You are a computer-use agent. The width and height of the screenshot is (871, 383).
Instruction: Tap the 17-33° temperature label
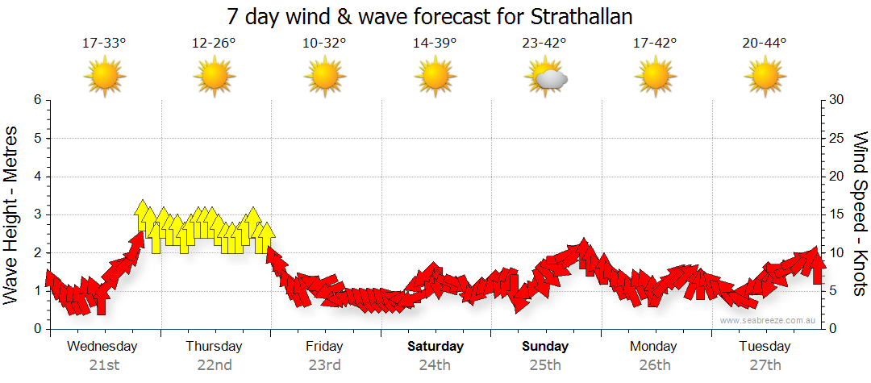[104, 43]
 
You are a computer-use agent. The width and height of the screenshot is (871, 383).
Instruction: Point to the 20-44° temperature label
[765, 43]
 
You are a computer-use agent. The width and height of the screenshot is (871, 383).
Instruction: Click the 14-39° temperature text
[434, 43]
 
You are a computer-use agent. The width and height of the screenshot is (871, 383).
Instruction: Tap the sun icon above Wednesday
[105, 77]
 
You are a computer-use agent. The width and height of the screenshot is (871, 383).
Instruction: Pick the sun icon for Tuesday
[765, 77]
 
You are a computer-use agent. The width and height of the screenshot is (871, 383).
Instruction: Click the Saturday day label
[435, 347]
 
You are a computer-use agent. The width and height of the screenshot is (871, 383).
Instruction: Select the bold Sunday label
[545, 347]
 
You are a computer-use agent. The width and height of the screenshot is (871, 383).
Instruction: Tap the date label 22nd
[214, 365]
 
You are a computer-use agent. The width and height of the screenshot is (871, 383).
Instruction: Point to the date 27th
[765, 365]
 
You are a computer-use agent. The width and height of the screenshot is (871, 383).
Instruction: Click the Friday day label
[324, 347]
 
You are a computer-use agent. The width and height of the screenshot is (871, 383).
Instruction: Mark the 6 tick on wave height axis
[36, 100]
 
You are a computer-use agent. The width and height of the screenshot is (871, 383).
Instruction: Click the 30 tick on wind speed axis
[838, 100]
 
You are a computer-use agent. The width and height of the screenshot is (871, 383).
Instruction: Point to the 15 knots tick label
[838, 214]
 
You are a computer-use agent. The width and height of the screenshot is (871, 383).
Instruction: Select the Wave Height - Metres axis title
[12, 214]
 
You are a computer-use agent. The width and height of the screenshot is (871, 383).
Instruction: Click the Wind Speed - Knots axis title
[860, 214]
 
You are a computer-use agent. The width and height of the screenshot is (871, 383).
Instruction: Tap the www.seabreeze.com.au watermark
[769, 321]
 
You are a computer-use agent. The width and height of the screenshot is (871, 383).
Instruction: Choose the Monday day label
[654, 347]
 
